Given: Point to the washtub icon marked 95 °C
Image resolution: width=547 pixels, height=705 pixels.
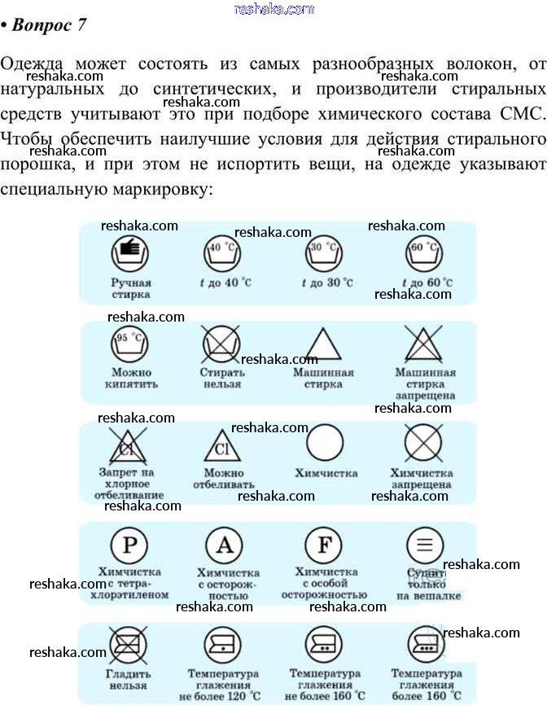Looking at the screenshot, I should coord(130,344).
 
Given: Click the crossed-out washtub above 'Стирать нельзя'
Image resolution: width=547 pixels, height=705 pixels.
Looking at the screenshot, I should coord(221,344).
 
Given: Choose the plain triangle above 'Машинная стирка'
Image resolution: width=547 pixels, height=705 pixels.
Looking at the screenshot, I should coord(323,344).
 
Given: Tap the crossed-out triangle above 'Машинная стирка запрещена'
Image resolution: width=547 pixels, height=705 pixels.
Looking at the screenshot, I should coord(424,344).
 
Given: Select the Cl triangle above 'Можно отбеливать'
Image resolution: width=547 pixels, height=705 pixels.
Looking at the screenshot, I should coord(221,445).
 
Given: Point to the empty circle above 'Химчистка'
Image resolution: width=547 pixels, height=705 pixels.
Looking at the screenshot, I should coord(325,444).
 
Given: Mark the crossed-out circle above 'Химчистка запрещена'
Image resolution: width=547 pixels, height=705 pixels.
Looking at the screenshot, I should coord(424,444).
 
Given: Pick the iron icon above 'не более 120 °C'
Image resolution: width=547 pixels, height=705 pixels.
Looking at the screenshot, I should coord(222,646).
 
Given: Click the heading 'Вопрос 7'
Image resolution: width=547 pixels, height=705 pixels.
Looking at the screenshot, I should coord(48,24).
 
